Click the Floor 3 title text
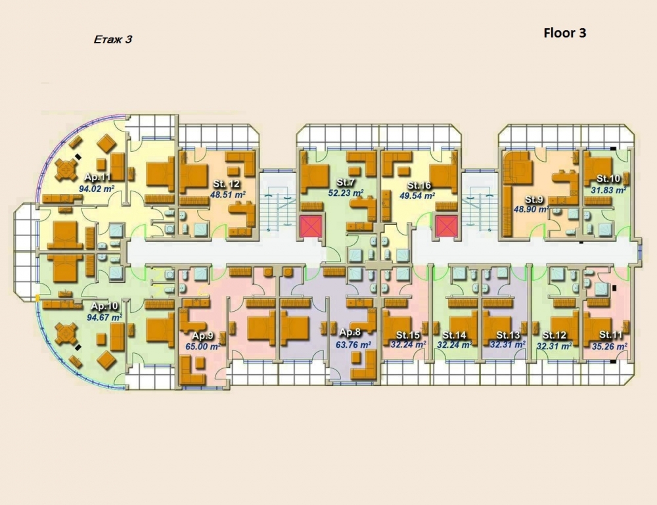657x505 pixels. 564,33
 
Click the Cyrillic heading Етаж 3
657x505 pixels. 113,39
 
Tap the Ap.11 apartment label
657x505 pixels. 98,177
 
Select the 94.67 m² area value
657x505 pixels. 104,317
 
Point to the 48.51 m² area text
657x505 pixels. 227,194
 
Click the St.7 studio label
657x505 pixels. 346,182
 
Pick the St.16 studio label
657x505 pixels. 419,185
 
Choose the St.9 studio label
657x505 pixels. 534,199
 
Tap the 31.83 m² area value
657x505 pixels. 608,189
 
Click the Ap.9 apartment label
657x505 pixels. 203,336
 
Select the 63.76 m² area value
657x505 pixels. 353,345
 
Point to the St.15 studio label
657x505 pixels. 408,335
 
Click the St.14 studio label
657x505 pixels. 454,335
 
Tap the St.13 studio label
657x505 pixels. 508,335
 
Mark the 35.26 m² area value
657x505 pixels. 609,347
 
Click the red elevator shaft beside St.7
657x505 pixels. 311,226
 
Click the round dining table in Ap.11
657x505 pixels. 66,170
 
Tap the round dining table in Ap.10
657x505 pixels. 66,333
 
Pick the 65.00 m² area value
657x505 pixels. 203,347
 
